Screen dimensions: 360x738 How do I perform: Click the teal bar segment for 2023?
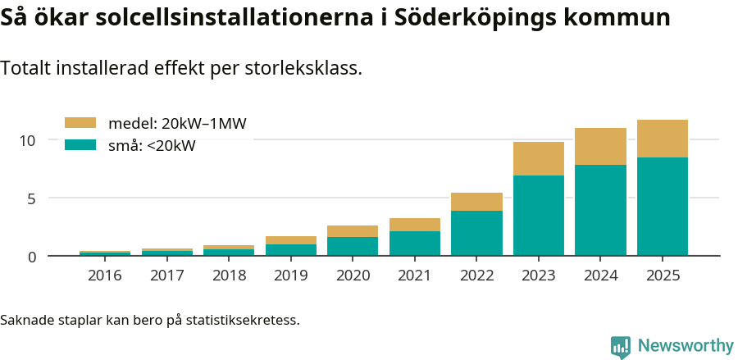coord(539,215)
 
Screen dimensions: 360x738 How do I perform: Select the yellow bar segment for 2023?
coord(539,158)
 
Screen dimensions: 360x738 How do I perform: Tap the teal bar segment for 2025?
coord(663,206)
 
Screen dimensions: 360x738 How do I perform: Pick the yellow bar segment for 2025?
coord(663,139)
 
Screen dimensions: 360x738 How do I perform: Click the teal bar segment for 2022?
coord(476,233)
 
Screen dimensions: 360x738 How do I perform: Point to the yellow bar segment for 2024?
coord(600,146)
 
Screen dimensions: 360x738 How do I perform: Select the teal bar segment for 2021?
coord(415,243)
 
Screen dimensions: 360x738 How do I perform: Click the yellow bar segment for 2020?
coord(353,231)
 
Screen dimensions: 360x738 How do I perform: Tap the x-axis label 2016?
coord(105,276)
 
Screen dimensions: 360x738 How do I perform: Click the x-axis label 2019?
coord(291,276)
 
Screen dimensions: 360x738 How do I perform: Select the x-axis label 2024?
coord(600,276)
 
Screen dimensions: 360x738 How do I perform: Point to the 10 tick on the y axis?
coord(28,140)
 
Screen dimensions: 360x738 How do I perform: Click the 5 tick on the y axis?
coord(32,198)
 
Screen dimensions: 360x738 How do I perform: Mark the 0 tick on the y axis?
coord(32,257)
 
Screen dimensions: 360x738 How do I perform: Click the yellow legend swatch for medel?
coord(80,123)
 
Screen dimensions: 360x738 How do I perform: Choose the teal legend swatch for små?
coord(80,145)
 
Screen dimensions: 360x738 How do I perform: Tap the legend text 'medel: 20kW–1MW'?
coord(177,124)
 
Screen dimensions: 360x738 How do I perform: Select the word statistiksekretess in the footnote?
coord(243,319)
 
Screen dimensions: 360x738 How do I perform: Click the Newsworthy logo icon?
coord(620,347)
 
